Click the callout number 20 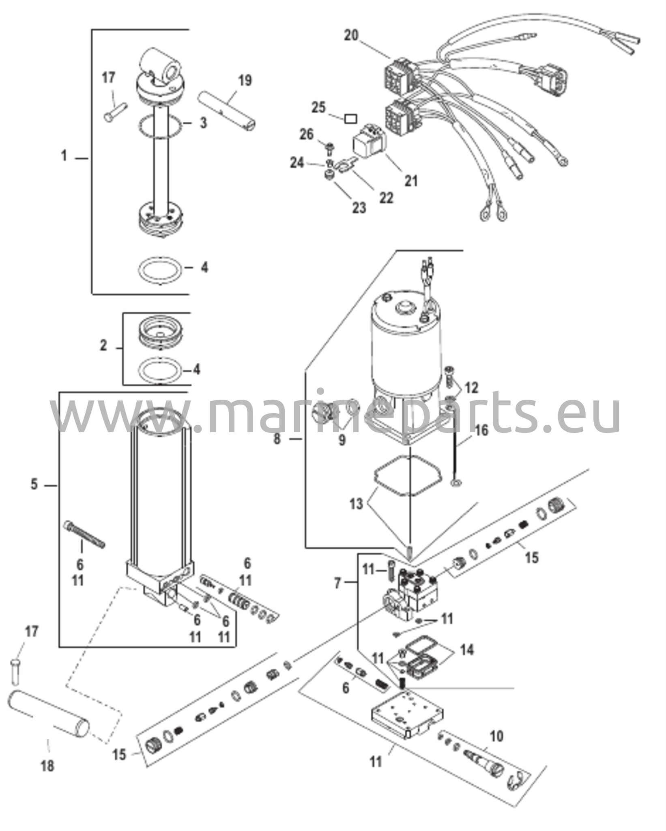pyautogui.click(x=351, y=35)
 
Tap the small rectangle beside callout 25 pyautogui.click(x=351, y=119)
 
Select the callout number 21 pyautogui.click(x=411, y=181)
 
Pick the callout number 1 pyautogui.click(x=64, y=156)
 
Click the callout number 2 pyautogui.click(x=103, y=346)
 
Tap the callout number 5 pyautogui.click(x=34, y=484)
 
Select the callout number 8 pyautogui.click(x=277, y=439)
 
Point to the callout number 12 pyautogui.click(x=471, y=388)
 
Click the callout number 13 pyautogui.click(x=357, y=504)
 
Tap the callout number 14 pyautogui.click(x=466, y=650)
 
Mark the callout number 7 pyautogui.click(x=338, y=584)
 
